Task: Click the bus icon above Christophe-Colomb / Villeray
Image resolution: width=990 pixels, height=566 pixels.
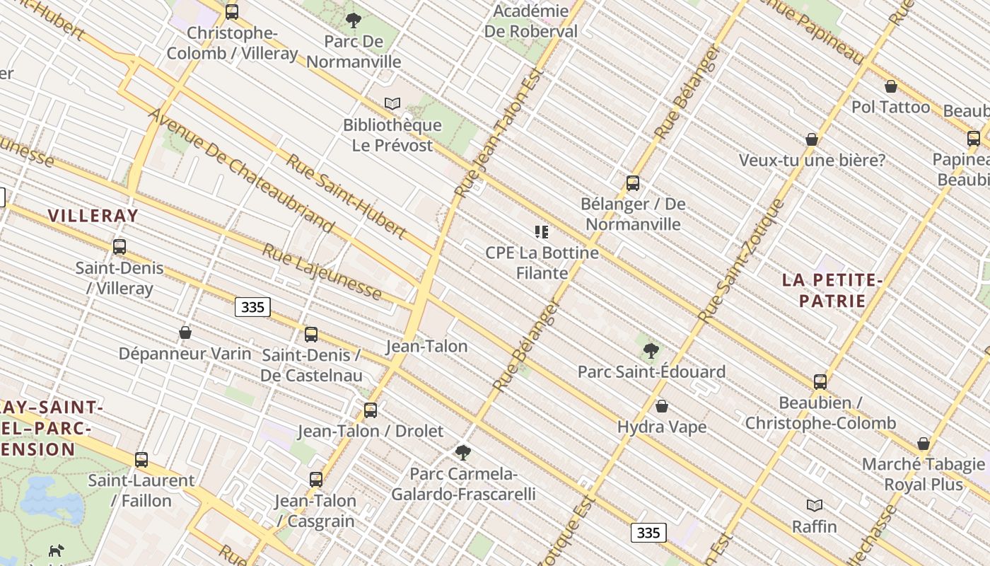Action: [232, 11]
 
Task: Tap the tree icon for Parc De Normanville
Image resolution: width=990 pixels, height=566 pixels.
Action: [353, 21]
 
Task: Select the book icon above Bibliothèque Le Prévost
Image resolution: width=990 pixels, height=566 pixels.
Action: [392, 104]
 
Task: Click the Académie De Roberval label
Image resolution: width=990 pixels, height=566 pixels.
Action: [530, 21]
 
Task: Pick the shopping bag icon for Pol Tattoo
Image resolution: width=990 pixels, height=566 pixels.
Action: [891, 86]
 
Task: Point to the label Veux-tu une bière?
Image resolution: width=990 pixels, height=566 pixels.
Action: [812, 161]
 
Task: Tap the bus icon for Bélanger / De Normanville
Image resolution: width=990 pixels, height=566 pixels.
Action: [633, 183]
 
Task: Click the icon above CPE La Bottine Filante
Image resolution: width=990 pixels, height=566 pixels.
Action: [542, 232]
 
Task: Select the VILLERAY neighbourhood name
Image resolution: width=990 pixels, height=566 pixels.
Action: [93, 216]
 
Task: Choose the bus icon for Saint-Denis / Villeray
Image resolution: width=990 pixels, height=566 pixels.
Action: [120, 247]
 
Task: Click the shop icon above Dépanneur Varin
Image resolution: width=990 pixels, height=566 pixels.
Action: [185, 333]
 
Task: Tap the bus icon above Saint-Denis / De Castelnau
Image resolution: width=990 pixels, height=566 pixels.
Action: [311, 335]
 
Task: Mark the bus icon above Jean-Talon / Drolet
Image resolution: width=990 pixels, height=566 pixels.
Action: [371, 410]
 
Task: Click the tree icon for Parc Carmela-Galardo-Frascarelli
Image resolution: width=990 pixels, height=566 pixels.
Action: [463, 452]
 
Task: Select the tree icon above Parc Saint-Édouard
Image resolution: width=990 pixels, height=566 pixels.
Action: [651, 350]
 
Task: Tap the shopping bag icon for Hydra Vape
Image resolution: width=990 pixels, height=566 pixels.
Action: [662, 406]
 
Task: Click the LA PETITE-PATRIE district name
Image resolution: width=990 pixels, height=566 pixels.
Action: [832, 290]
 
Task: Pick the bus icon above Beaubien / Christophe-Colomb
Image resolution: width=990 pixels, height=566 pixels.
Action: [820, 382]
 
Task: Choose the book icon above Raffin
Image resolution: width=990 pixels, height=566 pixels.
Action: [815, 505]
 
